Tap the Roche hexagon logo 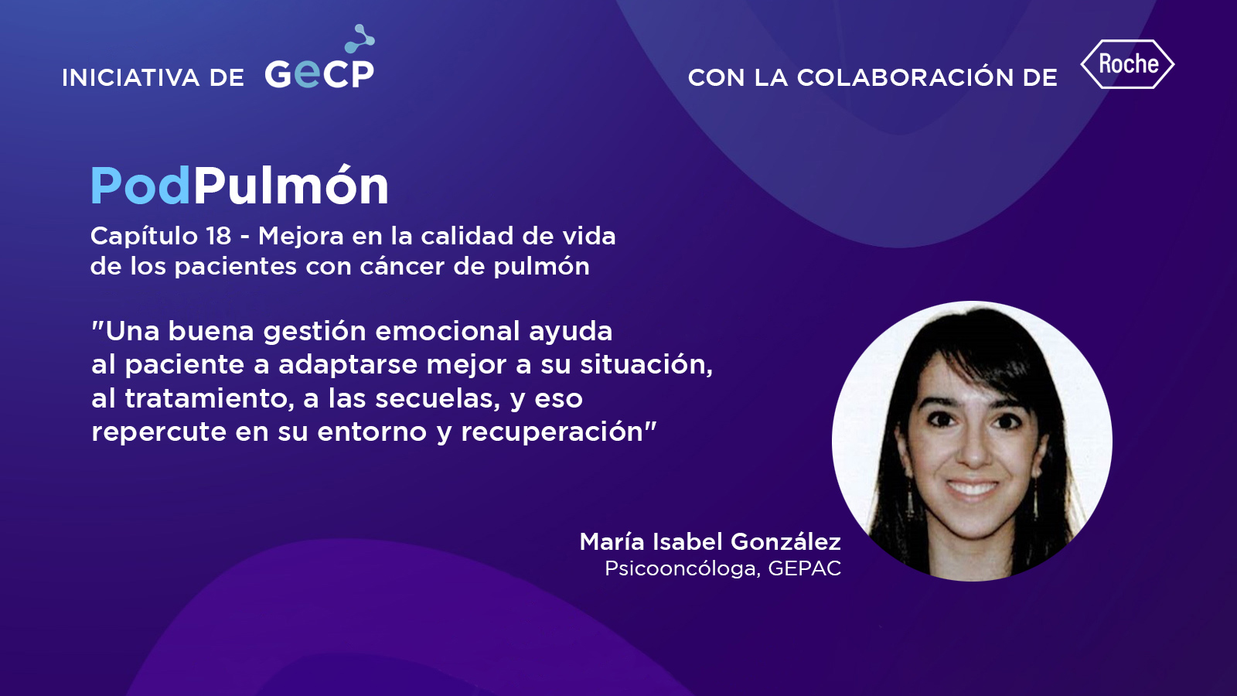[x=1127, y=64]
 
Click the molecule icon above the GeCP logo [x=360, y=38]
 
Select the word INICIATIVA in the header [x=131, y=78]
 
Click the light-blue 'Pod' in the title [x=140, y=186]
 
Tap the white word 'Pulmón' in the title [x=291, y=186]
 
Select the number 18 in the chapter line [x=219, y=236]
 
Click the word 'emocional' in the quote [x=448, y=332]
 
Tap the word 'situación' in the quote [x=646, y=364]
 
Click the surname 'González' [x=785, y=541]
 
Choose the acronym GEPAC [x=805, y=568]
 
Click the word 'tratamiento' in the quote [x=209, y=398]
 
